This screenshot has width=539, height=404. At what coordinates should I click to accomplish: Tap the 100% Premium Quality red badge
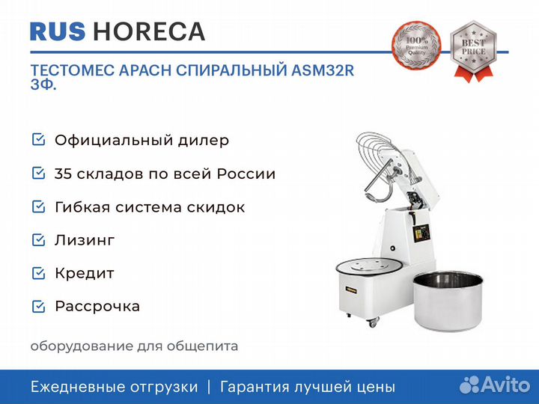click(x=417, y=47)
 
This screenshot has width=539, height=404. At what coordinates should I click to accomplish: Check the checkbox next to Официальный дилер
click(x=38, y=140)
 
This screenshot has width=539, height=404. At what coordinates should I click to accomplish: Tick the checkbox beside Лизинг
click(x=38, y=239)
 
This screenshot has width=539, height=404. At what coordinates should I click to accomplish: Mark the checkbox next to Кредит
click(x=38, y=273)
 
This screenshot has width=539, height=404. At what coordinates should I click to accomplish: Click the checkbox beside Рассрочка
click(x=38, y=306)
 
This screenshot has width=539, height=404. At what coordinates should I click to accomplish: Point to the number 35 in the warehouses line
click(x=64, y=174)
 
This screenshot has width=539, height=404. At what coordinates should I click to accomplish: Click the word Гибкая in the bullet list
click(x=79, y=207)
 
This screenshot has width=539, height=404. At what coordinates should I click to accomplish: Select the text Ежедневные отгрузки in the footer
click(x=114, y=387)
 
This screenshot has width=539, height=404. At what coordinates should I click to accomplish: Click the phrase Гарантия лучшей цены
click(x=307, y=387)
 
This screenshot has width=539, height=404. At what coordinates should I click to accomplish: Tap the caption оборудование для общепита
click(x=134, y=346)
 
